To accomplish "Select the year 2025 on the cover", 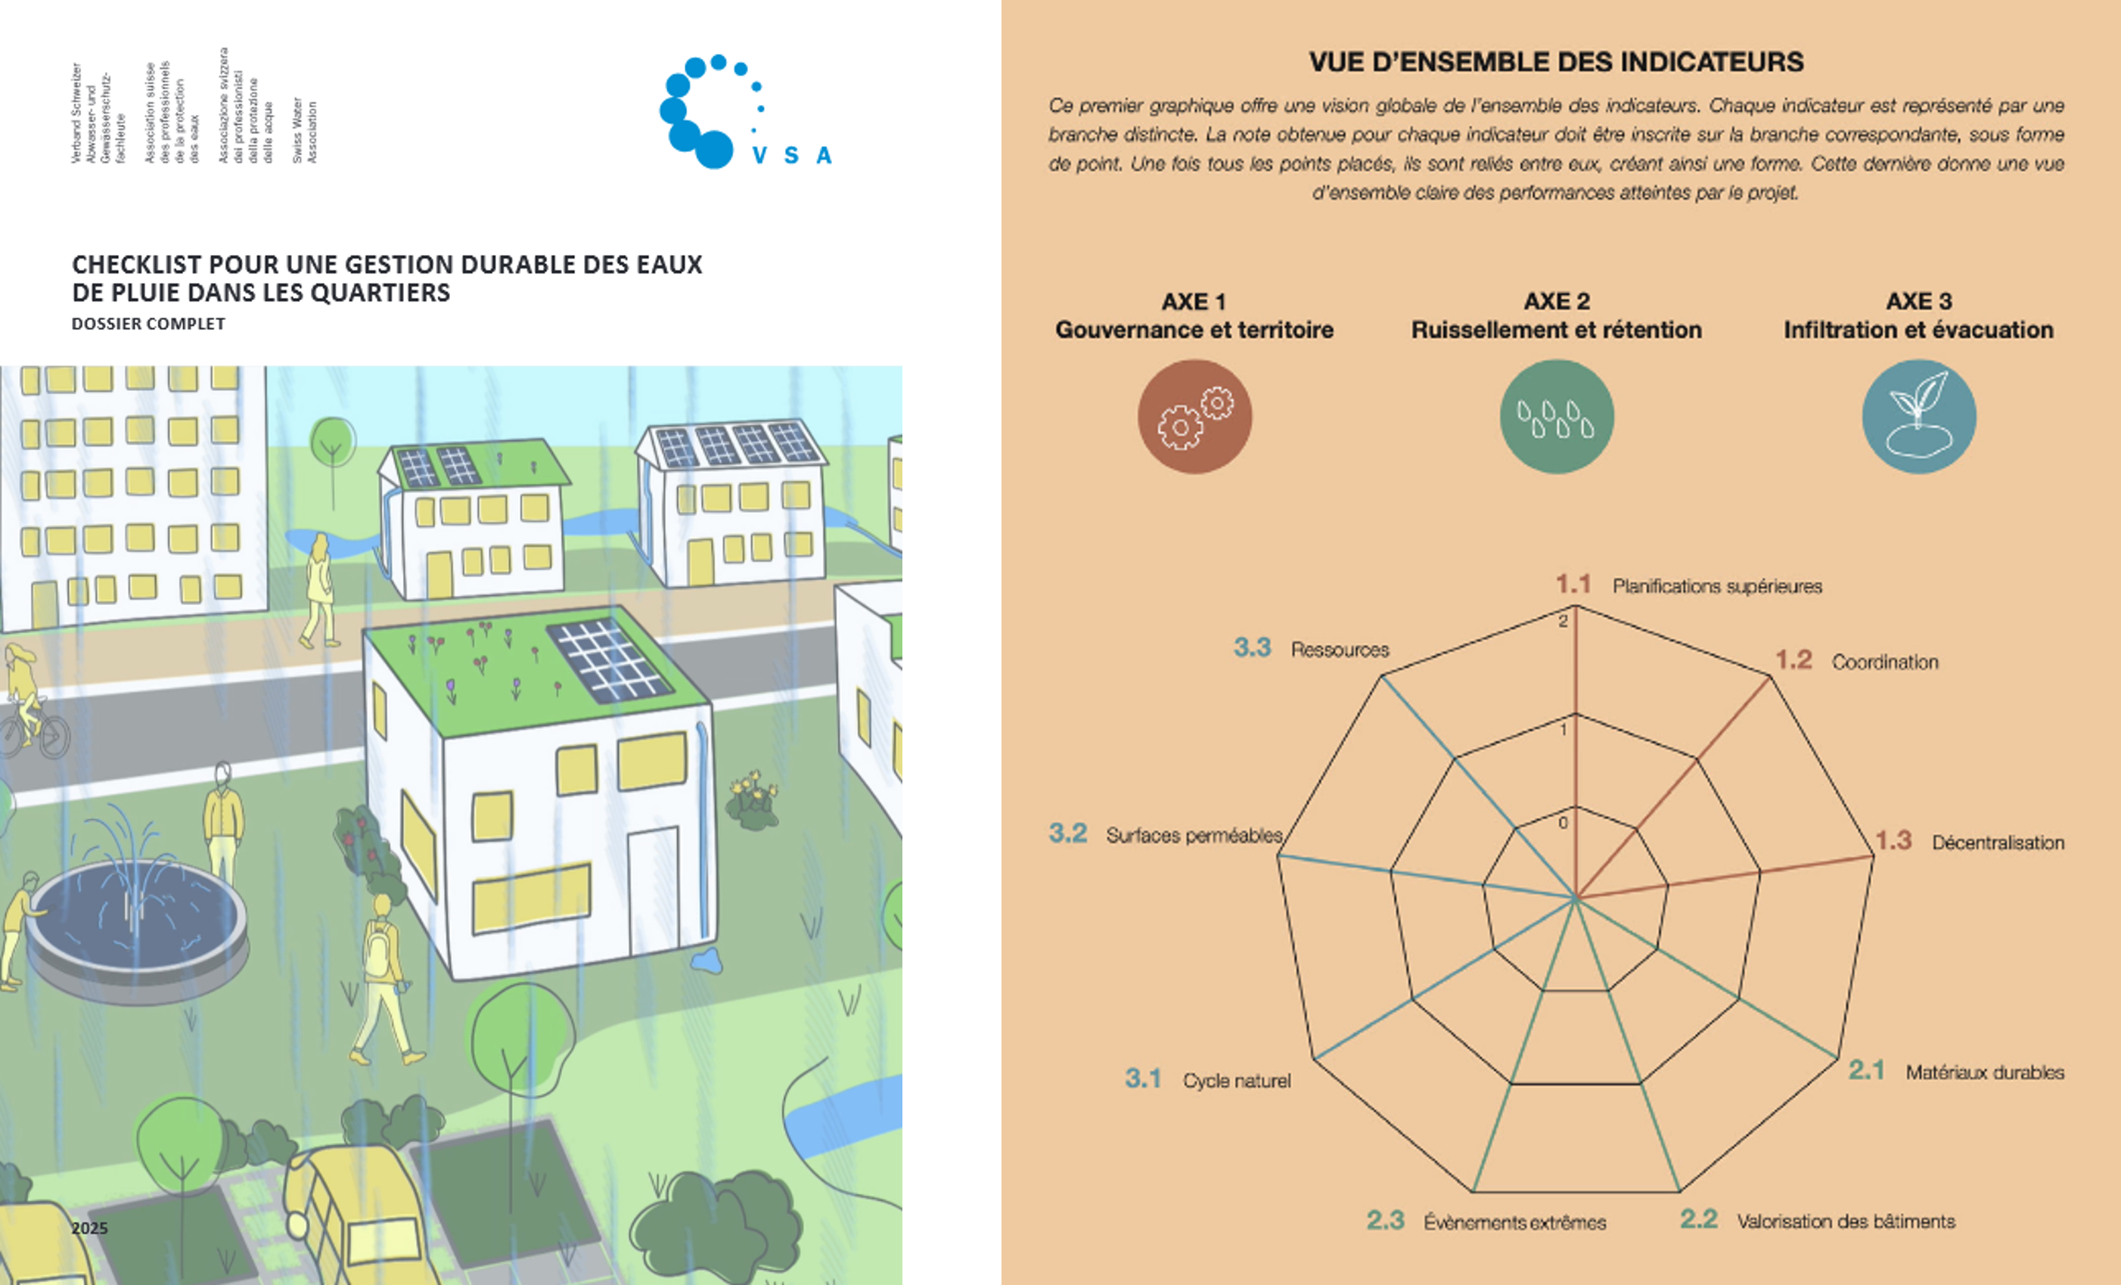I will click(x=89, y=1228).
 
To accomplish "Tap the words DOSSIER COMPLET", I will click(x=148, y=324).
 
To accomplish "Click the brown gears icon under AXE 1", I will click(x=1195, y=417).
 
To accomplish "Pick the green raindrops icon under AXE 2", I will click(x=1556, y=417).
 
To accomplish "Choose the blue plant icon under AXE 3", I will click(x=1919, y=417).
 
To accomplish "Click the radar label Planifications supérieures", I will click(x=1716, y=586).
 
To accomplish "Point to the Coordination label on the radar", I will click(x=1884, y=662).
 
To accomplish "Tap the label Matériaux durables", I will click(x=1984, y=1072).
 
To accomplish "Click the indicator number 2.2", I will click(x=1698, y=1218).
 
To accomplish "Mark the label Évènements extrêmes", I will click(x=1514, y=1222).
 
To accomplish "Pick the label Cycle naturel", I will click(x=1236, y=1081).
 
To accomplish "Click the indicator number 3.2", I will click(x=1067, y=833).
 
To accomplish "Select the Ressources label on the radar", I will click(x=1340, y=650).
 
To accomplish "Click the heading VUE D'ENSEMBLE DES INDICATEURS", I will click(x=1555, y=62).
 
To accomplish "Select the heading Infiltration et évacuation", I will click(x=1918, y=330).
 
